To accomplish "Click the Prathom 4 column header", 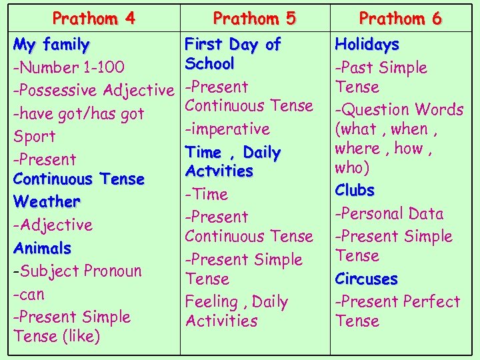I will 94,18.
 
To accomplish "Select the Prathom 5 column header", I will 254,18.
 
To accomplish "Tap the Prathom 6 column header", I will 400,18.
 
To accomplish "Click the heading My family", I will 51,45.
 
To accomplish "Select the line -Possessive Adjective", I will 93,91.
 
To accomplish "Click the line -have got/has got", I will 79,114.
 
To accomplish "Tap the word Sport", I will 35,137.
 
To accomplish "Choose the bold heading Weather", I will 47,201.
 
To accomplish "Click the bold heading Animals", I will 42,248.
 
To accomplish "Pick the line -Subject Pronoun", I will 77,271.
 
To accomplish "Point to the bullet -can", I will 28,294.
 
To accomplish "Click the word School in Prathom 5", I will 209,64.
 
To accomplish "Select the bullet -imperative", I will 227,129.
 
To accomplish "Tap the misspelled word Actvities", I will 219,171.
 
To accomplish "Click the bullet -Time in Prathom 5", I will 206,195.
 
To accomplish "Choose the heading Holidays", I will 367,45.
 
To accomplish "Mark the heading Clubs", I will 355,190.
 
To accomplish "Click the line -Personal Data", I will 389,213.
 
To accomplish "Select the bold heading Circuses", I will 366,279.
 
